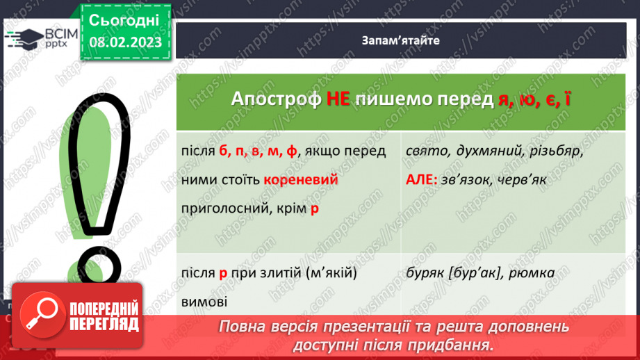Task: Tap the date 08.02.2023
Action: pyautogui.click(x=125, y=43)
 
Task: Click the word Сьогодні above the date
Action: pyautogui.click(x=124, y=19)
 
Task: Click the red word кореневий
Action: pyautogui.click(x=301, y=180)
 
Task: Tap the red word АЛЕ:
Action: pyautogui.click(x=422, y=180)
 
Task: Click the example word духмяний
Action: pyautogui.click(x=485, y=152)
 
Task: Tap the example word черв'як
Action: pyautogui.click(x=528, y=180)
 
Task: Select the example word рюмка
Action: pyautogui.click(x=532, y=273)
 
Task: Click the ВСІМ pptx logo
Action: pyautogui.click(x=39, y=38)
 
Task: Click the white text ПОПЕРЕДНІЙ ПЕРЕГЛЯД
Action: pyautogui.click(x=103, y=316)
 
